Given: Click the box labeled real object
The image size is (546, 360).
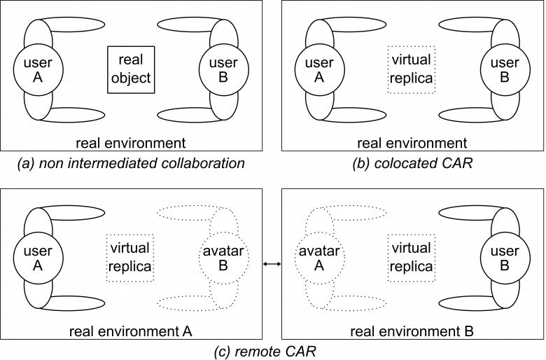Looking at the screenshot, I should pos(131,69).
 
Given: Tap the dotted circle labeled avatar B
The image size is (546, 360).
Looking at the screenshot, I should pos(223,257).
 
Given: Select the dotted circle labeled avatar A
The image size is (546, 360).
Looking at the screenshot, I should pos(318,257).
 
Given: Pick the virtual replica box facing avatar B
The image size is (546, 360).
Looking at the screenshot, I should pos(131,257).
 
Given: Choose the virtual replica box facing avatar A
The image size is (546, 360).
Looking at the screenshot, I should pos(411,257).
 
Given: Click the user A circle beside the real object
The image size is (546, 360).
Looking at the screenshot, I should pos(38,69).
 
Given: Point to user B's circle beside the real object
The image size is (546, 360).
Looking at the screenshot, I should pos(223,69).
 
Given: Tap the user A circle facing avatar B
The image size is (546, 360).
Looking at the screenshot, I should pos(38,257).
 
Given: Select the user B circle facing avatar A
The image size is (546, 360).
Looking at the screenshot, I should pos(505,257).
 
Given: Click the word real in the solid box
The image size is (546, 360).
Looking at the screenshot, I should pos(131,62).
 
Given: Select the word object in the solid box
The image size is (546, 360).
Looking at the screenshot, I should pos(131,78).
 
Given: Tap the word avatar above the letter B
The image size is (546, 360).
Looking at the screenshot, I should pos(223,250).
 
